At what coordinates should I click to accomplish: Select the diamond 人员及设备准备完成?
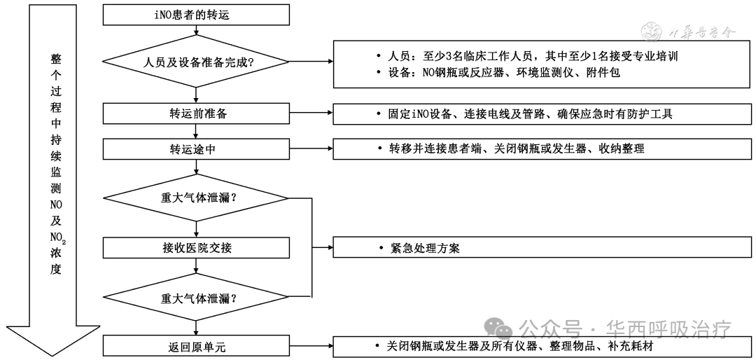click(x=197, y=62)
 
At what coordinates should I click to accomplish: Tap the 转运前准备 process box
click(x=197, y=113)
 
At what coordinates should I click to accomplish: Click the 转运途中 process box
click(x=197, y=148)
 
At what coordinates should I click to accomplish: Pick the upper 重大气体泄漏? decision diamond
click(x=197, y=198)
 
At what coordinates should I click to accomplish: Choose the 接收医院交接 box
click(x=197, y=248)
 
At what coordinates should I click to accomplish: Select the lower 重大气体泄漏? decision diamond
click(x=197, y=298)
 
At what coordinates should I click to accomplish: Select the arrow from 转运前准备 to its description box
click(x=311, y=113)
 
